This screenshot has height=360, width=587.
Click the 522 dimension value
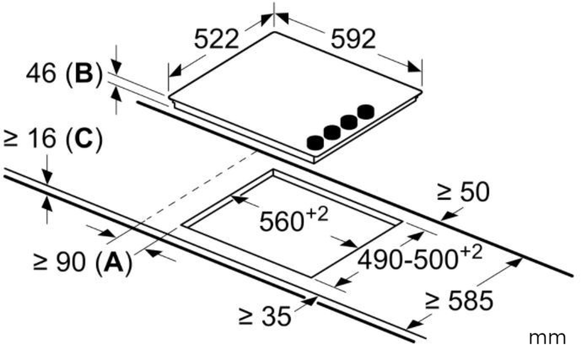click(216, 39)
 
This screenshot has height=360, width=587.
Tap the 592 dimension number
click(353, 39)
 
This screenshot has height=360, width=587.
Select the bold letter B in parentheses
click(84, 73)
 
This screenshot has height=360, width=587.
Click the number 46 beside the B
click(41, 73)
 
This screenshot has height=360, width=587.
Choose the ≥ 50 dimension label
click(463, 192)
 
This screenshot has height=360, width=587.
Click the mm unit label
click(547, 338)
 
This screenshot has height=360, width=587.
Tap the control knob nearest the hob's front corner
click(315, 143)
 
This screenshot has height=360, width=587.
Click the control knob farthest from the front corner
click(366, 111)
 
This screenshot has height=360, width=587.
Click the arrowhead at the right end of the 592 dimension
click(415, 67)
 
